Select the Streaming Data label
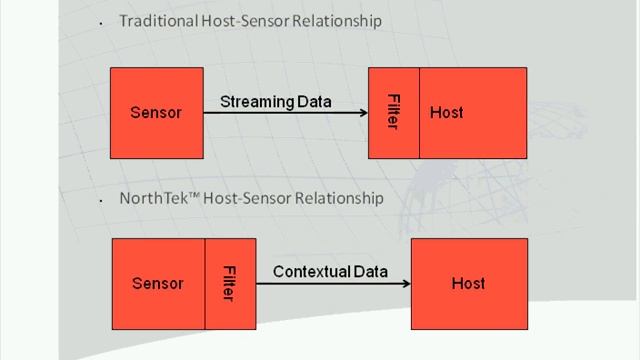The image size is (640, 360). (275, 101)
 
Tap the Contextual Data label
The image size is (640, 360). (326, 271)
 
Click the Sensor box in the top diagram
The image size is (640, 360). (156, 112)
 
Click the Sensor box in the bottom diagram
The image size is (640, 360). (158, 283)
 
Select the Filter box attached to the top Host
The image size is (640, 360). (393, 112)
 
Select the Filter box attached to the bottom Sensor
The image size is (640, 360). (229, 283)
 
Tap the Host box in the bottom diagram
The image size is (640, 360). (468, 283)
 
